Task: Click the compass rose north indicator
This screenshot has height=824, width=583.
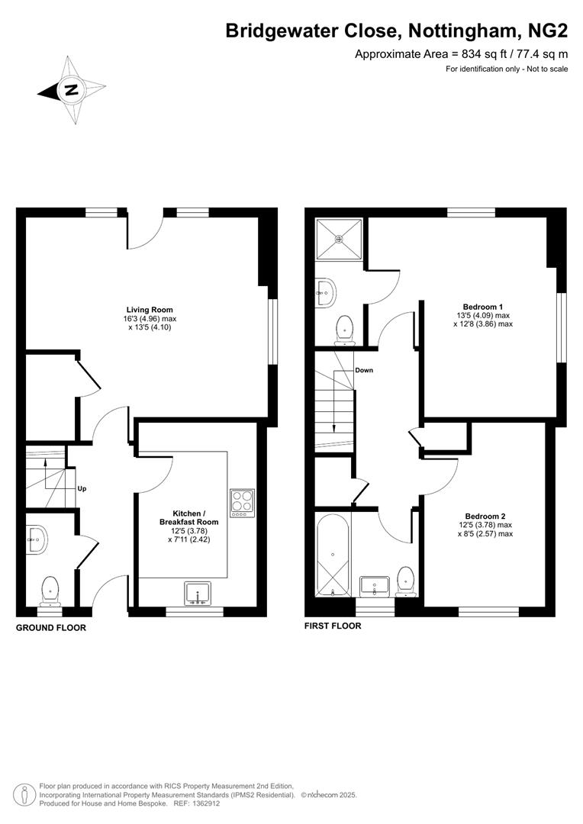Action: click(x=71, y=90)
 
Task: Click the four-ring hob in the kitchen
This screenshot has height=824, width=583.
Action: click(x=242, y=502)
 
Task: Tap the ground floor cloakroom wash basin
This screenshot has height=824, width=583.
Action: click(x=37, y=540)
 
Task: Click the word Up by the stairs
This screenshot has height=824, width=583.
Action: click(x=81, y=488)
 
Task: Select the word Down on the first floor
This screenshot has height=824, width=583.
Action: click(x=364, y=370)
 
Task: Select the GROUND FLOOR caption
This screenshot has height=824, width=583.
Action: click(x=51, y=628)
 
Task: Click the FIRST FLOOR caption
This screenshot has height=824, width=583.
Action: click(x=333, y=626)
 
